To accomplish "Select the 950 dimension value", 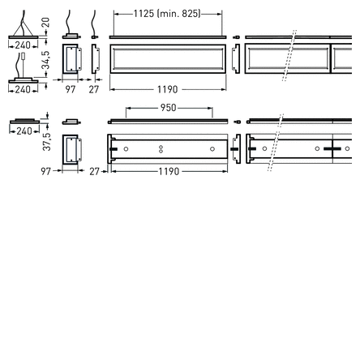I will tap(168, 107).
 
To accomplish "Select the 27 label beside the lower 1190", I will tap(94, 171).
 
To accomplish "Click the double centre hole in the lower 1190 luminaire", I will tap(162, 148).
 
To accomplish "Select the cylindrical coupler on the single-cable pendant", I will tap(24, 60).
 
